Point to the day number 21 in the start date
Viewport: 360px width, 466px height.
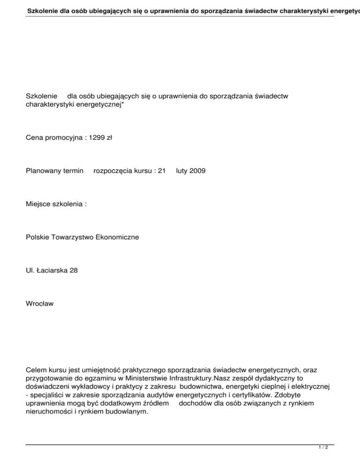[x=162, y=171]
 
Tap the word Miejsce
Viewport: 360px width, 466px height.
[x=38, y=204]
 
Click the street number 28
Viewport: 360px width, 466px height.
[x=73, y=271]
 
